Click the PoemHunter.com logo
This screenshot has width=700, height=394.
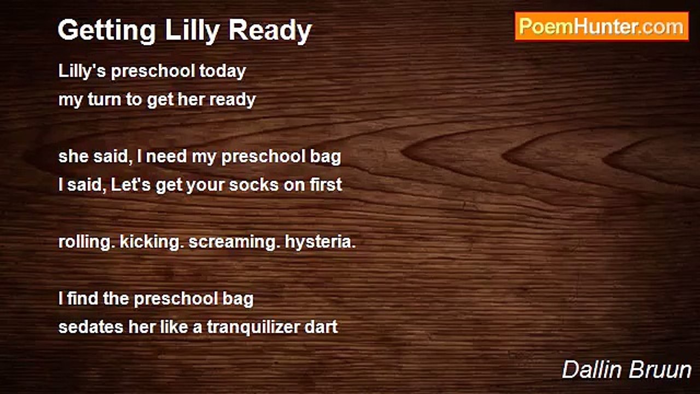(602, 27)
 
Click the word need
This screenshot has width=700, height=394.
(166, 156)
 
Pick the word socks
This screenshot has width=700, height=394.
(253, 185)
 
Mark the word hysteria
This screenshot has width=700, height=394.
(320, 242)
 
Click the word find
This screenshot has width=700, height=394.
(83, 298)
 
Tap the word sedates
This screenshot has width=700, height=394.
(91, 327)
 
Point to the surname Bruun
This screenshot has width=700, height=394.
(660, 370)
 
